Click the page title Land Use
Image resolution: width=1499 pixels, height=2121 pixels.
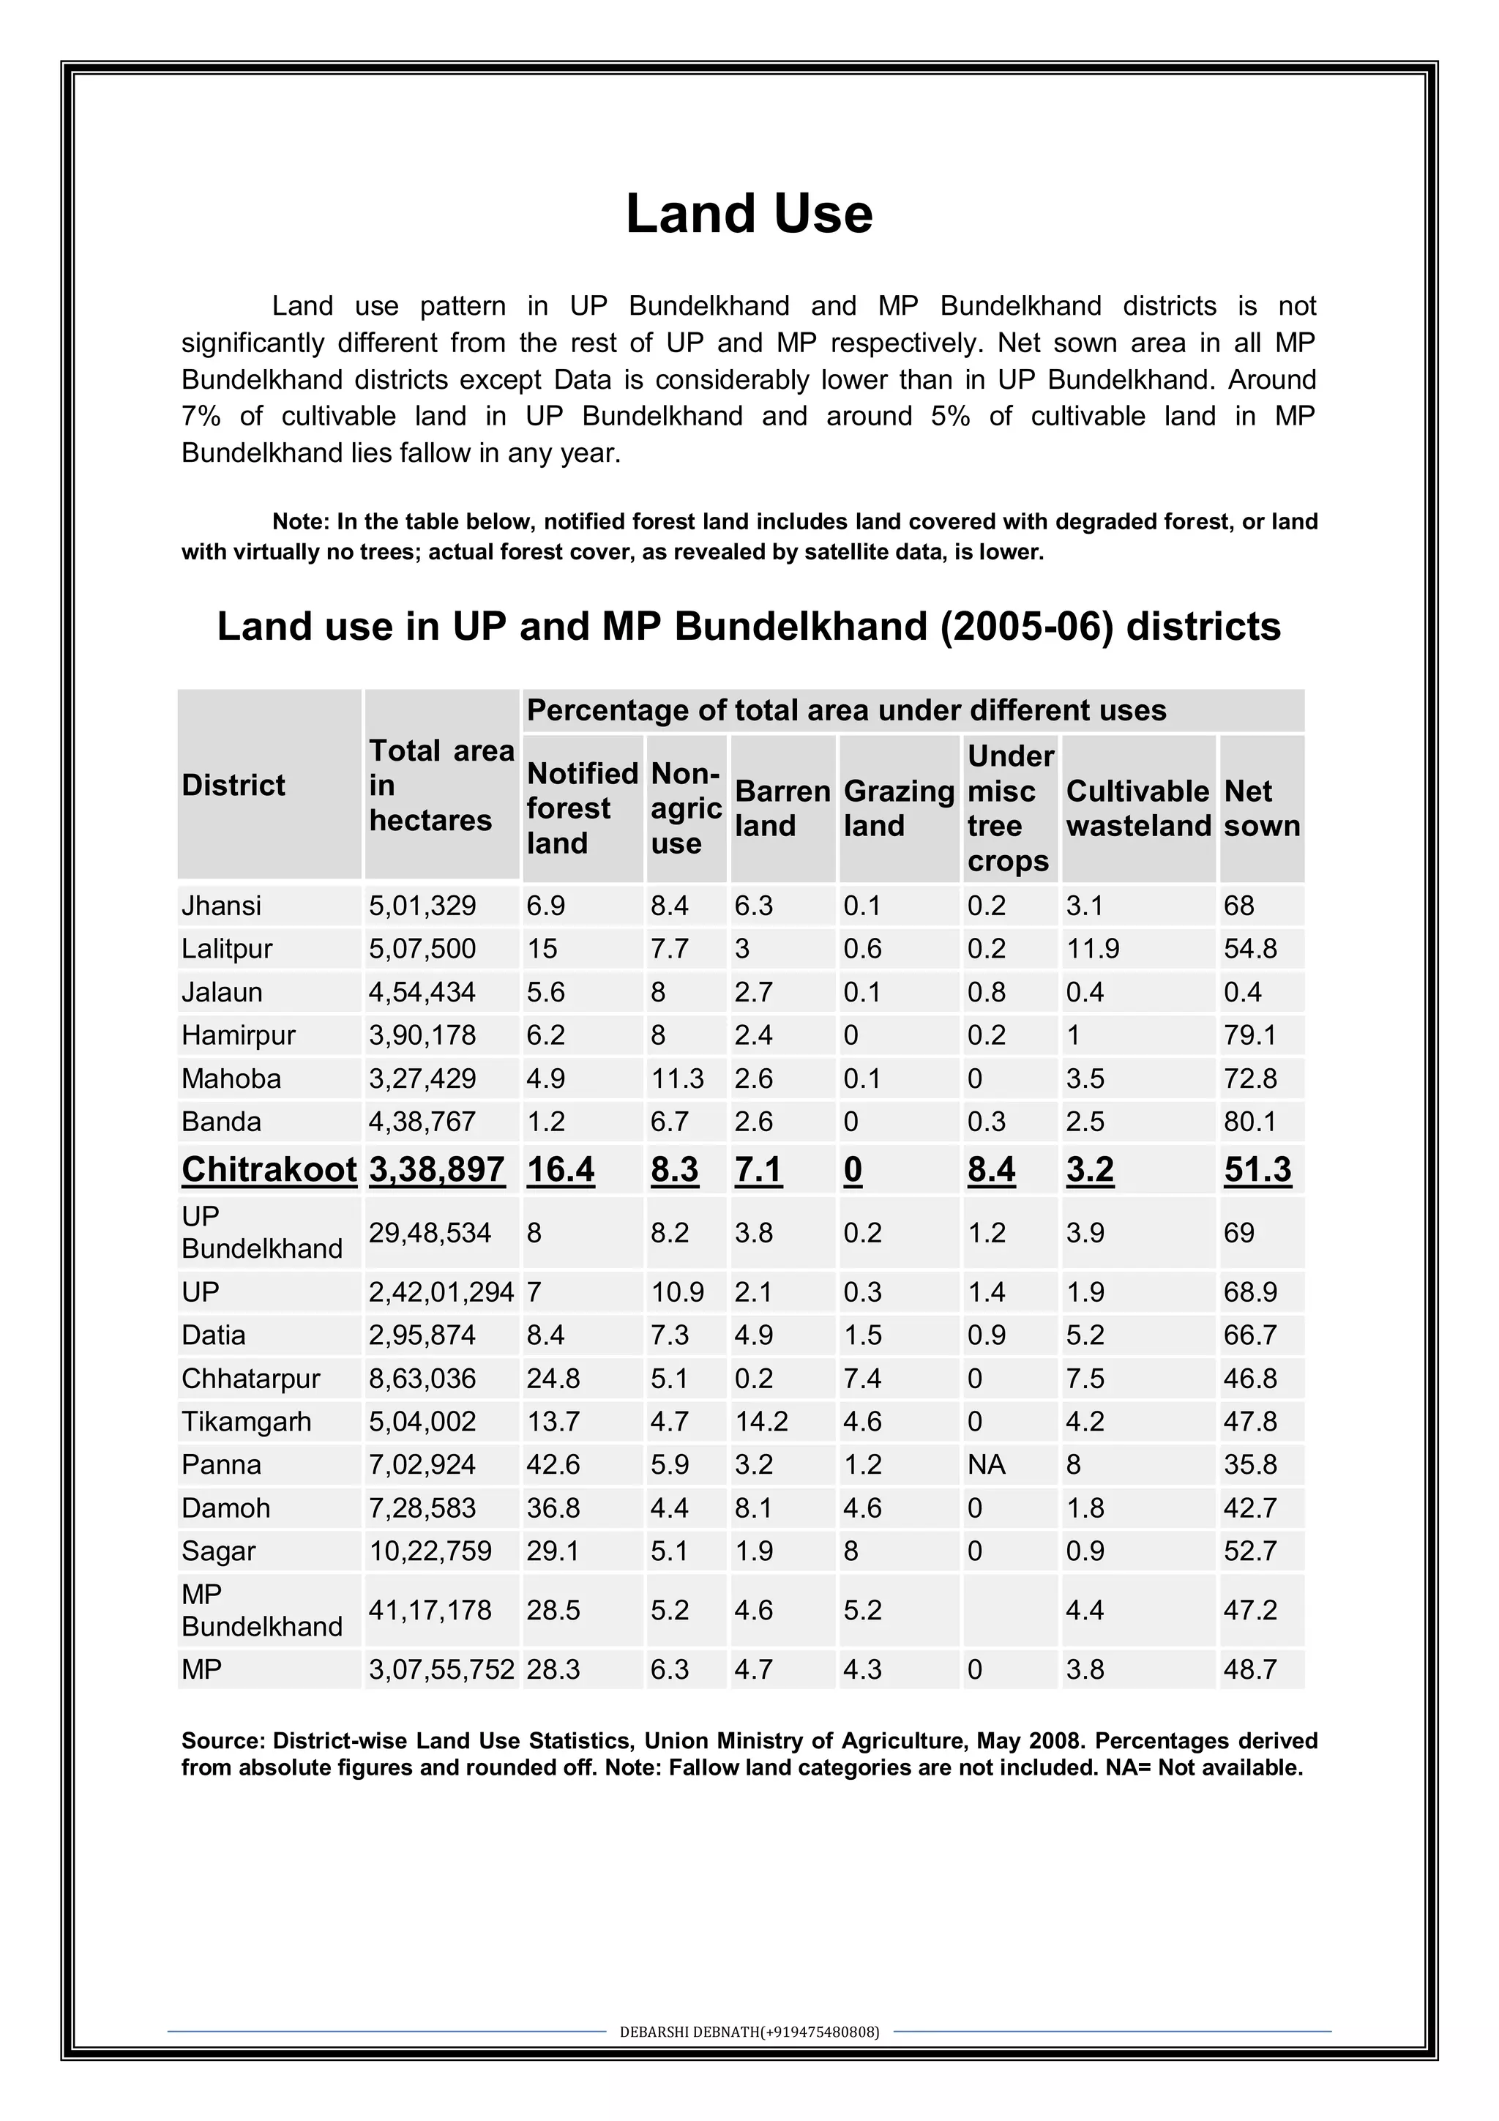click(749, 215)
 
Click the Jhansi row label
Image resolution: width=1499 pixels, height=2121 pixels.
click(222, 906)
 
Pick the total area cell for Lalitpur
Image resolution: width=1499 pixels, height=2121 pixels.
click(422, 949)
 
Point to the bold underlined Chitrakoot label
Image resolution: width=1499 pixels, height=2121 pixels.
click(269, 1169)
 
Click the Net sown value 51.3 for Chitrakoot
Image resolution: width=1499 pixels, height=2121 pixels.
click(1257, 1169)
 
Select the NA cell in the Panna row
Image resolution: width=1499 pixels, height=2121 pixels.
click(987, 1465)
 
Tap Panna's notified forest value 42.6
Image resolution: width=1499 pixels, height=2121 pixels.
click(553, 1465)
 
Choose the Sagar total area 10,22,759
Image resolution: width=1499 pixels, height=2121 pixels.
click(430, 1551)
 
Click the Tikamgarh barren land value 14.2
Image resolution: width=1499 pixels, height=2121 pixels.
click(761, 1422)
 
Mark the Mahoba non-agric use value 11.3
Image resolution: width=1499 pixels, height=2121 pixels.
click(677, 1078)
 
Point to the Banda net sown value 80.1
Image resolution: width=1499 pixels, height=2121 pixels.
click(1249, 1122)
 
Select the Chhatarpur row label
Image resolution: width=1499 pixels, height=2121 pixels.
click(250, 1379)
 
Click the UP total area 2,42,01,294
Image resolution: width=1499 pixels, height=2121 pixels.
click(441, 1291)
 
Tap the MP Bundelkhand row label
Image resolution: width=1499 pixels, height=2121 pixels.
click(261, 1610)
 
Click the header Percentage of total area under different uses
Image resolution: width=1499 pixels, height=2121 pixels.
click(846, 710)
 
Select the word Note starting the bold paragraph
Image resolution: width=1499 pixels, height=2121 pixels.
click(299, 522)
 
